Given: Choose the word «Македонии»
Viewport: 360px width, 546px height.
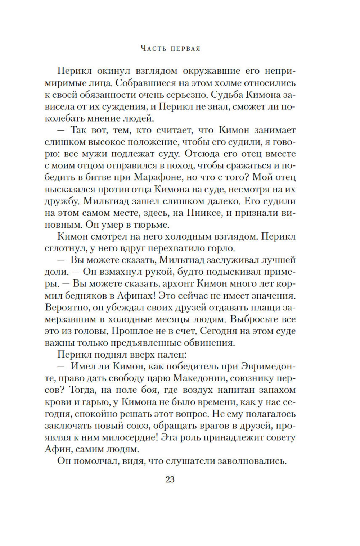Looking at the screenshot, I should (200, 378).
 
